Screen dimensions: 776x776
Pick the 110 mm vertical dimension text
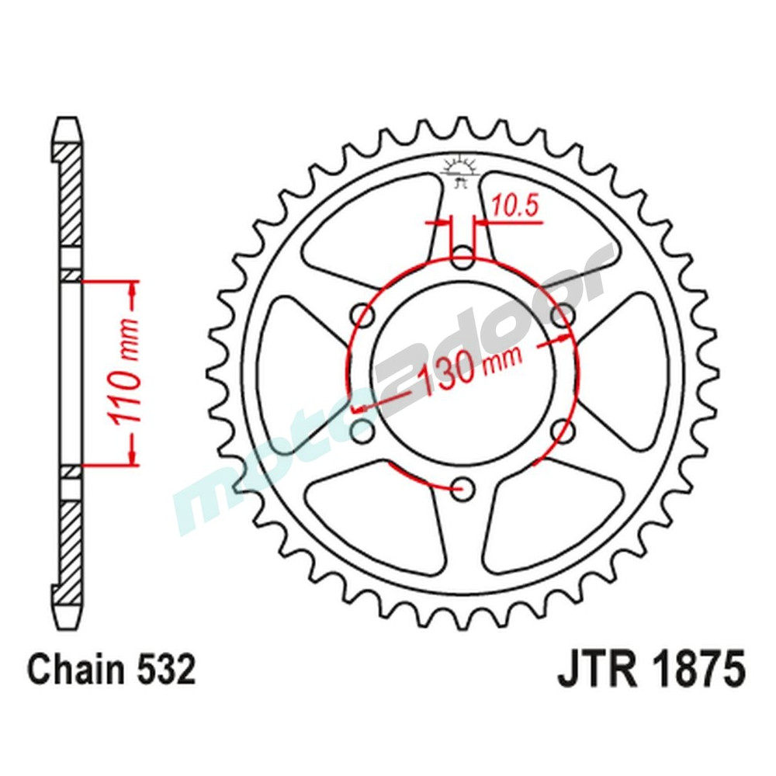point(126,372)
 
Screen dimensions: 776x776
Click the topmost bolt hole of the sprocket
point(463,258)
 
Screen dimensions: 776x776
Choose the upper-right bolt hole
point(564,315)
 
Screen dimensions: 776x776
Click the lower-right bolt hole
point(564,430)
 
